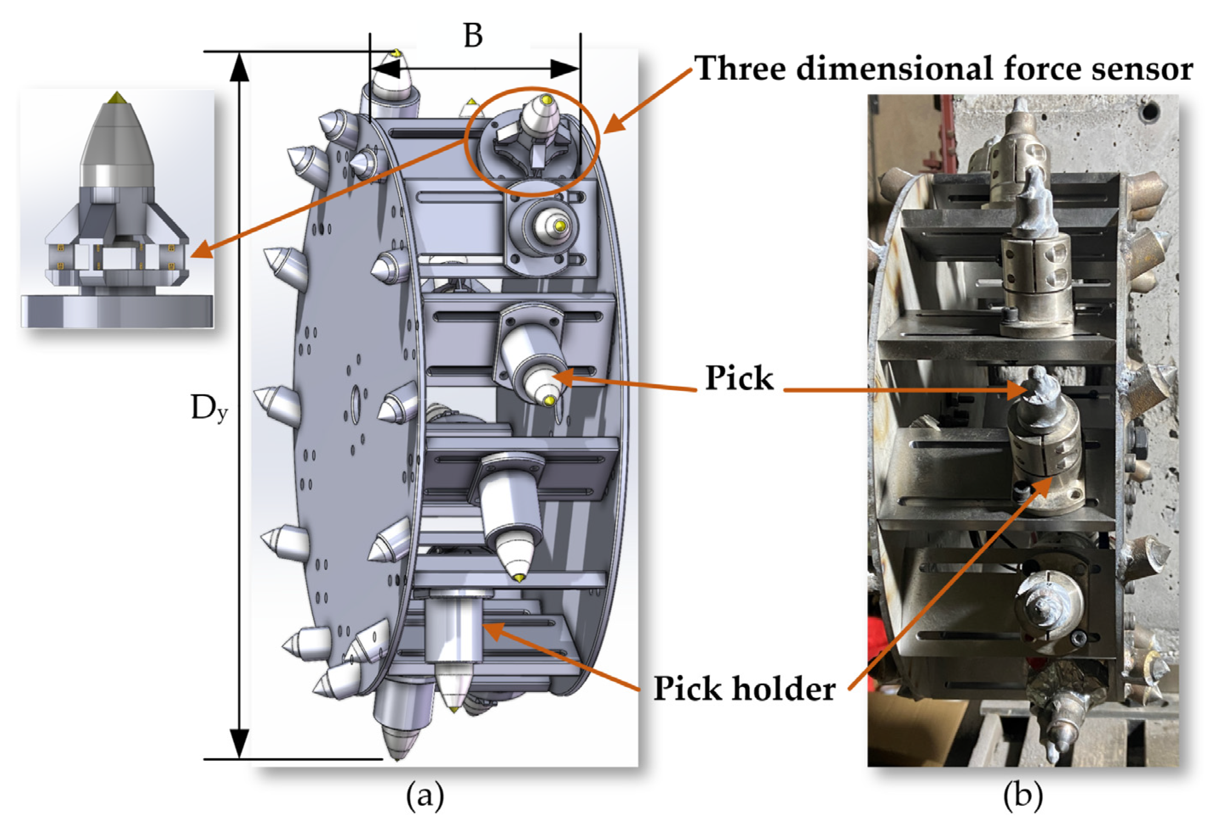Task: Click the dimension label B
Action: (473, 37)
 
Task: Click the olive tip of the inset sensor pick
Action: (117, 97)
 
